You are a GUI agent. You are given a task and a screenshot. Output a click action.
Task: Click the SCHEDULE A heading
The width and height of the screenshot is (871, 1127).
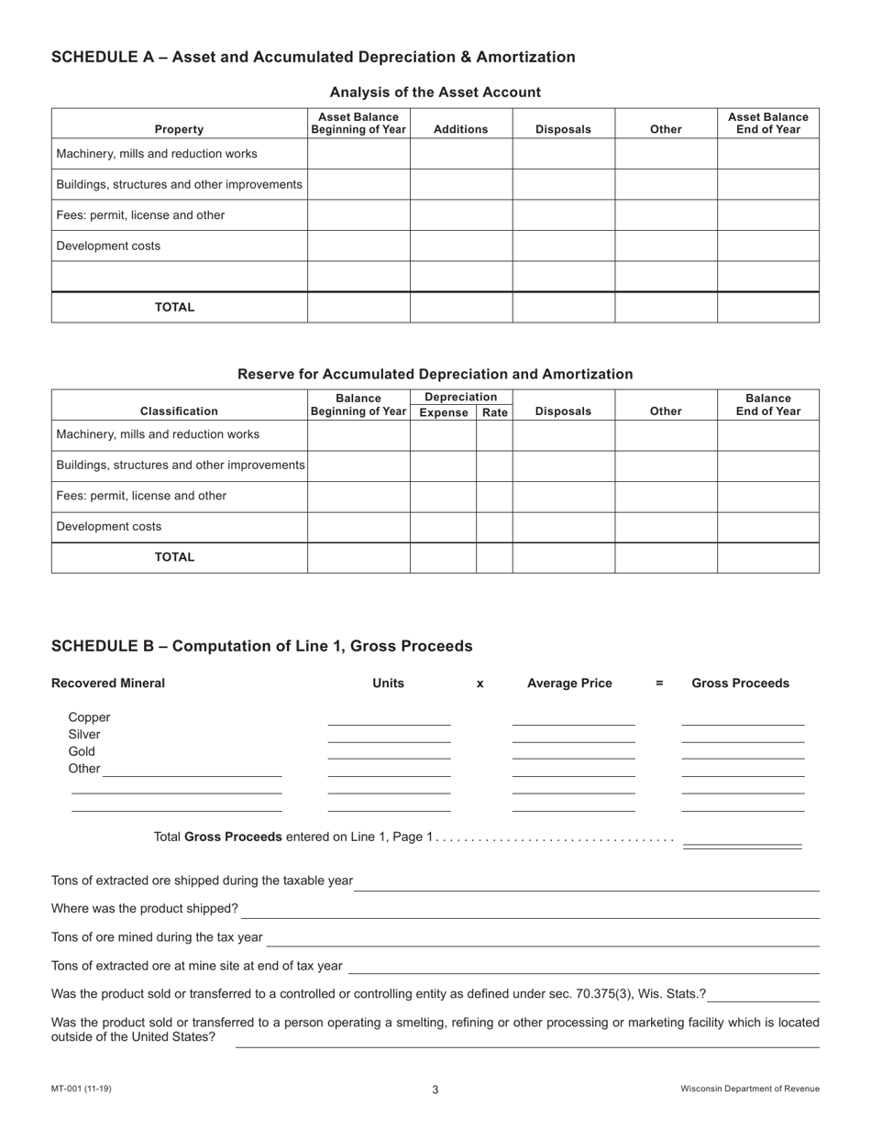click(313, 58)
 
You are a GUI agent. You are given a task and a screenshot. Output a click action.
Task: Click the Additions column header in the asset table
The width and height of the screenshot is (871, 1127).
click(460, 129)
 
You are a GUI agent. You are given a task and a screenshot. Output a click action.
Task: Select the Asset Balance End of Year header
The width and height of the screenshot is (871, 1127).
click(767, 123)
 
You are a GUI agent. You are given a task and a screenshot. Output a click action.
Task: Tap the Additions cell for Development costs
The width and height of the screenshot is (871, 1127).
click(460, 246)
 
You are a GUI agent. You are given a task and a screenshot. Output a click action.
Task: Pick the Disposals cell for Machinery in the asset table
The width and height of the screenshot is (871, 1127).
click(563, 154)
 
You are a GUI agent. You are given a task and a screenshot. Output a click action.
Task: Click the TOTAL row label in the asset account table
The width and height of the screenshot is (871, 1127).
click(174, 308)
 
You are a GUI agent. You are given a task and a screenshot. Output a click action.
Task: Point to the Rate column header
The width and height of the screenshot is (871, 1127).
click(494, 413)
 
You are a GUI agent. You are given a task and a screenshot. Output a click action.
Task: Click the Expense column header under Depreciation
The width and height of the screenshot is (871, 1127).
click(443, 413)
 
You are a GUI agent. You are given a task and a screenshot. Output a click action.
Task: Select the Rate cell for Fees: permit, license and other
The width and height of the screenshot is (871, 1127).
click(494, 496)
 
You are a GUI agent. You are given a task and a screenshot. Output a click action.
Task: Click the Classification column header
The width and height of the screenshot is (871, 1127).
click(179, 411)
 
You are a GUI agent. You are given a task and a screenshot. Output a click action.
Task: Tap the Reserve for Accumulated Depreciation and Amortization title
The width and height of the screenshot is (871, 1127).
click(435, 374)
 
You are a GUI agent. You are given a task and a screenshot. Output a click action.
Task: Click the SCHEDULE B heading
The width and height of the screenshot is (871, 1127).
click(261, 646)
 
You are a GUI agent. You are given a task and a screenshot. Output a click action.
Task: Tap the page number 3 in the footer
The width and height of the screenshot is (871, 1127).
click(435, 1089)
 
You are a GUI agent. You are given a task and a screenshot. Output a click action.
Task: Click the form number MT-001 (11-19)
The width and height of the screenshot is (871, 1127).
click(82, 1089)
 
